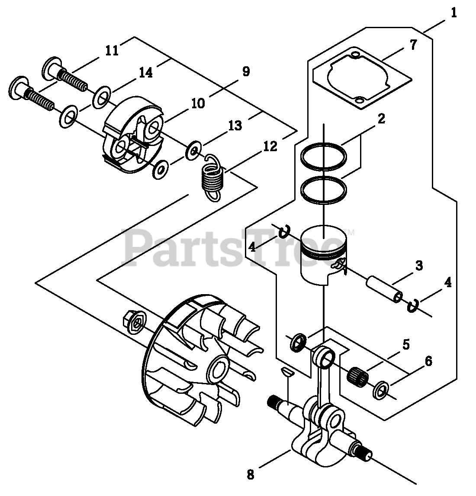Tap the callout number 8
point(251,474)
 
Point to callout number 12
point(270,147)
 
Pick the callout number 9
point(246,71)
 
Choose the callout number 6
point(428,361)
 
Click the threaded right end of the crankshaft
point(365,454)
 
